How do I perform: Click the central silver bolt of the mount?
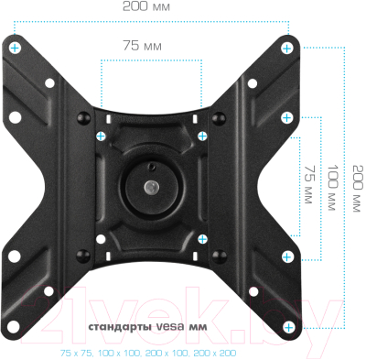coord(151,187)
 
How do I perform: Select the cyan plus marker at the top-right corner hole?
coord(286,47)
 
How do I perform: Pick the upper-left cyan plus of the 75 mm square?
coord(101,135)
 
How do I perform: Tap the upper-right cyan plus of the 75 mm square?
coord(202,135)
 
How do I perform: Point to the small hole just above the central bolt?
coord(151,166)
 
